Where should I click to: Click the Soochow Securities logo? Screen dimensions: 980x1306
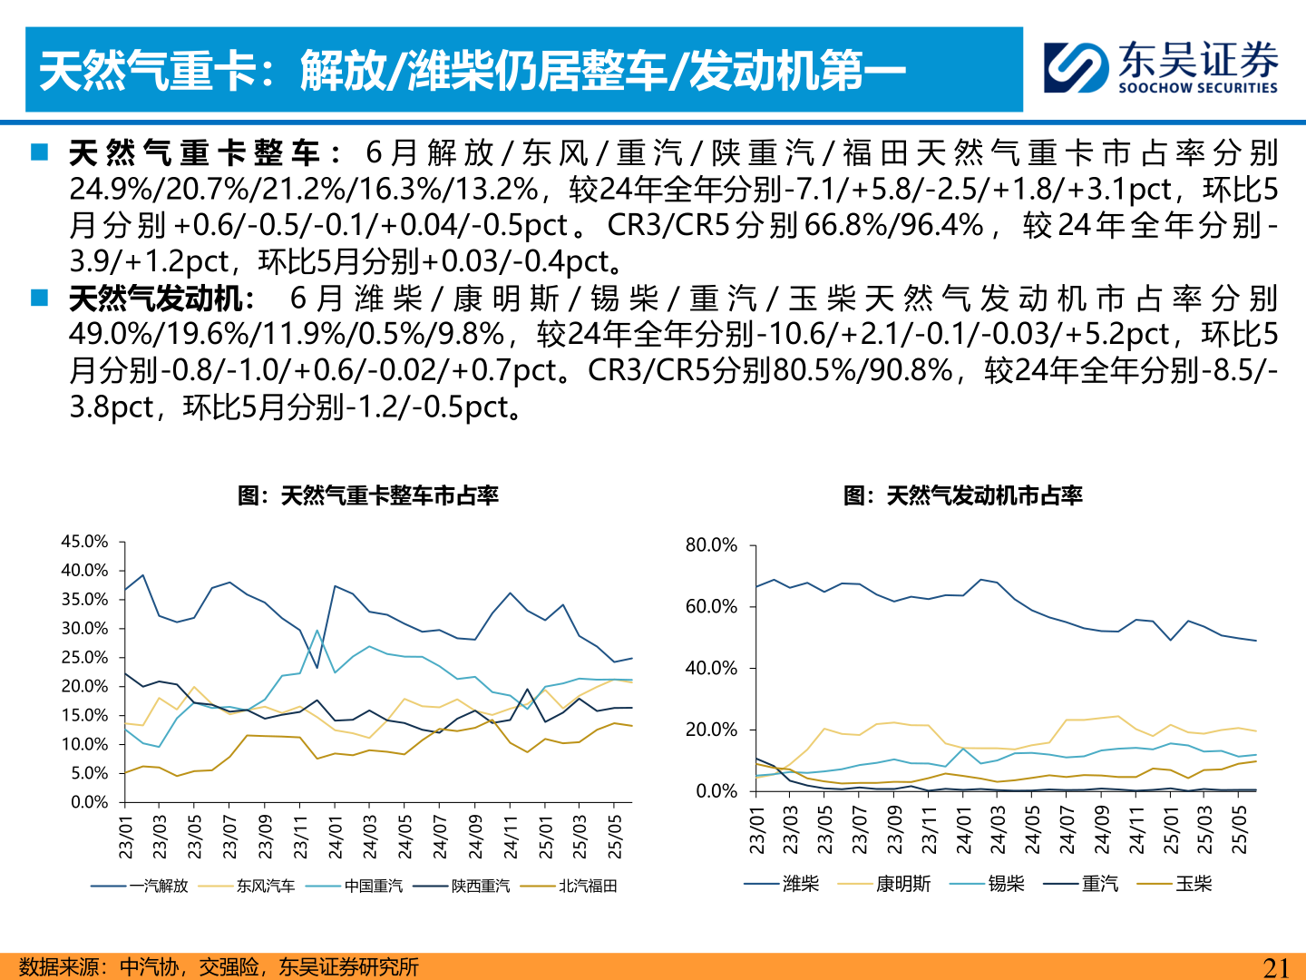[x=1160, y=67]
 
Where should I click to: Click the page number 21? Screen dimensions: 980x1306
[x=1276, y=967]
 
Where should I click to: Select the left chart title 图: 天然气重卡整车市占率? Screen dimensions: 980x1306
[x=368, y=495]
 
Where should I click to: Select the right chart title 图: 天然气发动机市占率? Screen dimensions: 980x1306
[x=962, y=495]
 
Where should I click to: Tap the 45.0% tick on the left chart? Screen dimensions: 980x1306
[x=84, y=542]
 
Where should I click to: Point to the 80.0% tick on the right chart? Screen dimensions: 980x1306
[x=711, y=545]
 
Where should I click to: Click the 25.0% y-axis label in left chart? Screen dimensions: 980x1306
[x=84, y=658]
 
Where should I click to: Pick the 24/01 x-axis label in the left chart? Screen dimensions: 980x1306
[x=336, y=837]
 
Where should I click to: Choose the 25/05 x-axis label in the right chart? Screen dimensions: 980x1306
[x=1239, y=829]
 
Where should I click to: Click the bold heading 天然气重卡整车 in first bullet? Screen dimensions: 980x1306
[x=194, y=152]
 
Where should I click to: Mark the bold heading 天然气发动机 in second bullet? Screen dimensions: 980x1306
[x=156, y=299]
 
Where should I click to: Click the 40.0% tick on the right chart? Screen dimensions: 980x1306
[x=711, y=669]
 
